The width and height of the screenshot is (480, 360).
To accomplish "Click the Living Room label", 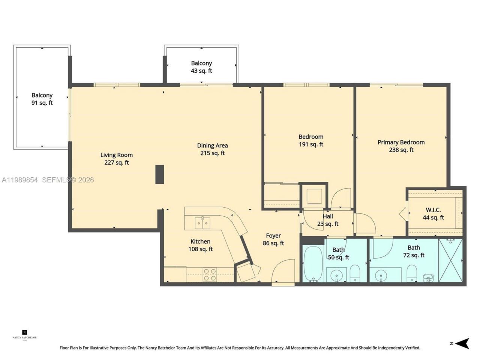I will coord(116,159).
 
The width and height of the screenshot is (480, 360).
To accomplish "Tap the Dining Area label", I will coord(212,149).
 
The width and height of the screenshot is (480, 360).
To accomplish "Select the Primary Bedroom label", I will coord(401,146).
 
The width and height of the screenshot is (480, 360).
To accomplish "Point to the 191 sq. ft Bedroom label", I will coord(311,141).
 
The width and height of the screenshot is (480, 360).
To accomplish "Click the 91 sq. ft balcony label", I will coord(42,99).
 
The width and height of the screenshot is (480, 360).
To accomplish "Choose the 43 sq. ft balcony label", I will coord(201,67).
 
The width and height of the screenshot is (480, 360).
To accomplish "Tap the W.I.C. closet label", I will coord(433,214).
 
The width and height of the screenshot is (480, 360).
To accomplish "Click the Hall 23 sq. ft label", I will coord(328,220).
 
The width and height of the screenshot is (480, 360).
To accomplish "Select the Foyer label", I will coord(273,239).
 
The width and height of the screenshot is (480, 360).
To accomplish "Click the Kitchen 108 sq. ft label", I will coord(201,245).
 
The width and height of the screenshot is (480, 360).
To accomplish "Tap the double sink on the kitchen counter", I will coord(202,223).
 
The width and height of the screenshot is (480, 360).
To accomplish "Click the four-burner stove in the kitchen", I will coord(210,274).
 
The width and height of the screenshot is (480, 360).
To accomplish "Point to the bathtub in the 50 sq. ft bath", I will coord(312,264).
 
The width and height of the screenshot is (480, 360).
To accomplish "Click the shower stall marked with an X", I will coord(450,260).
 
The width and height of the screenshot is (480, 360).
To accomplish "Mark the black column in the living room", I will coord(160,174).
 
